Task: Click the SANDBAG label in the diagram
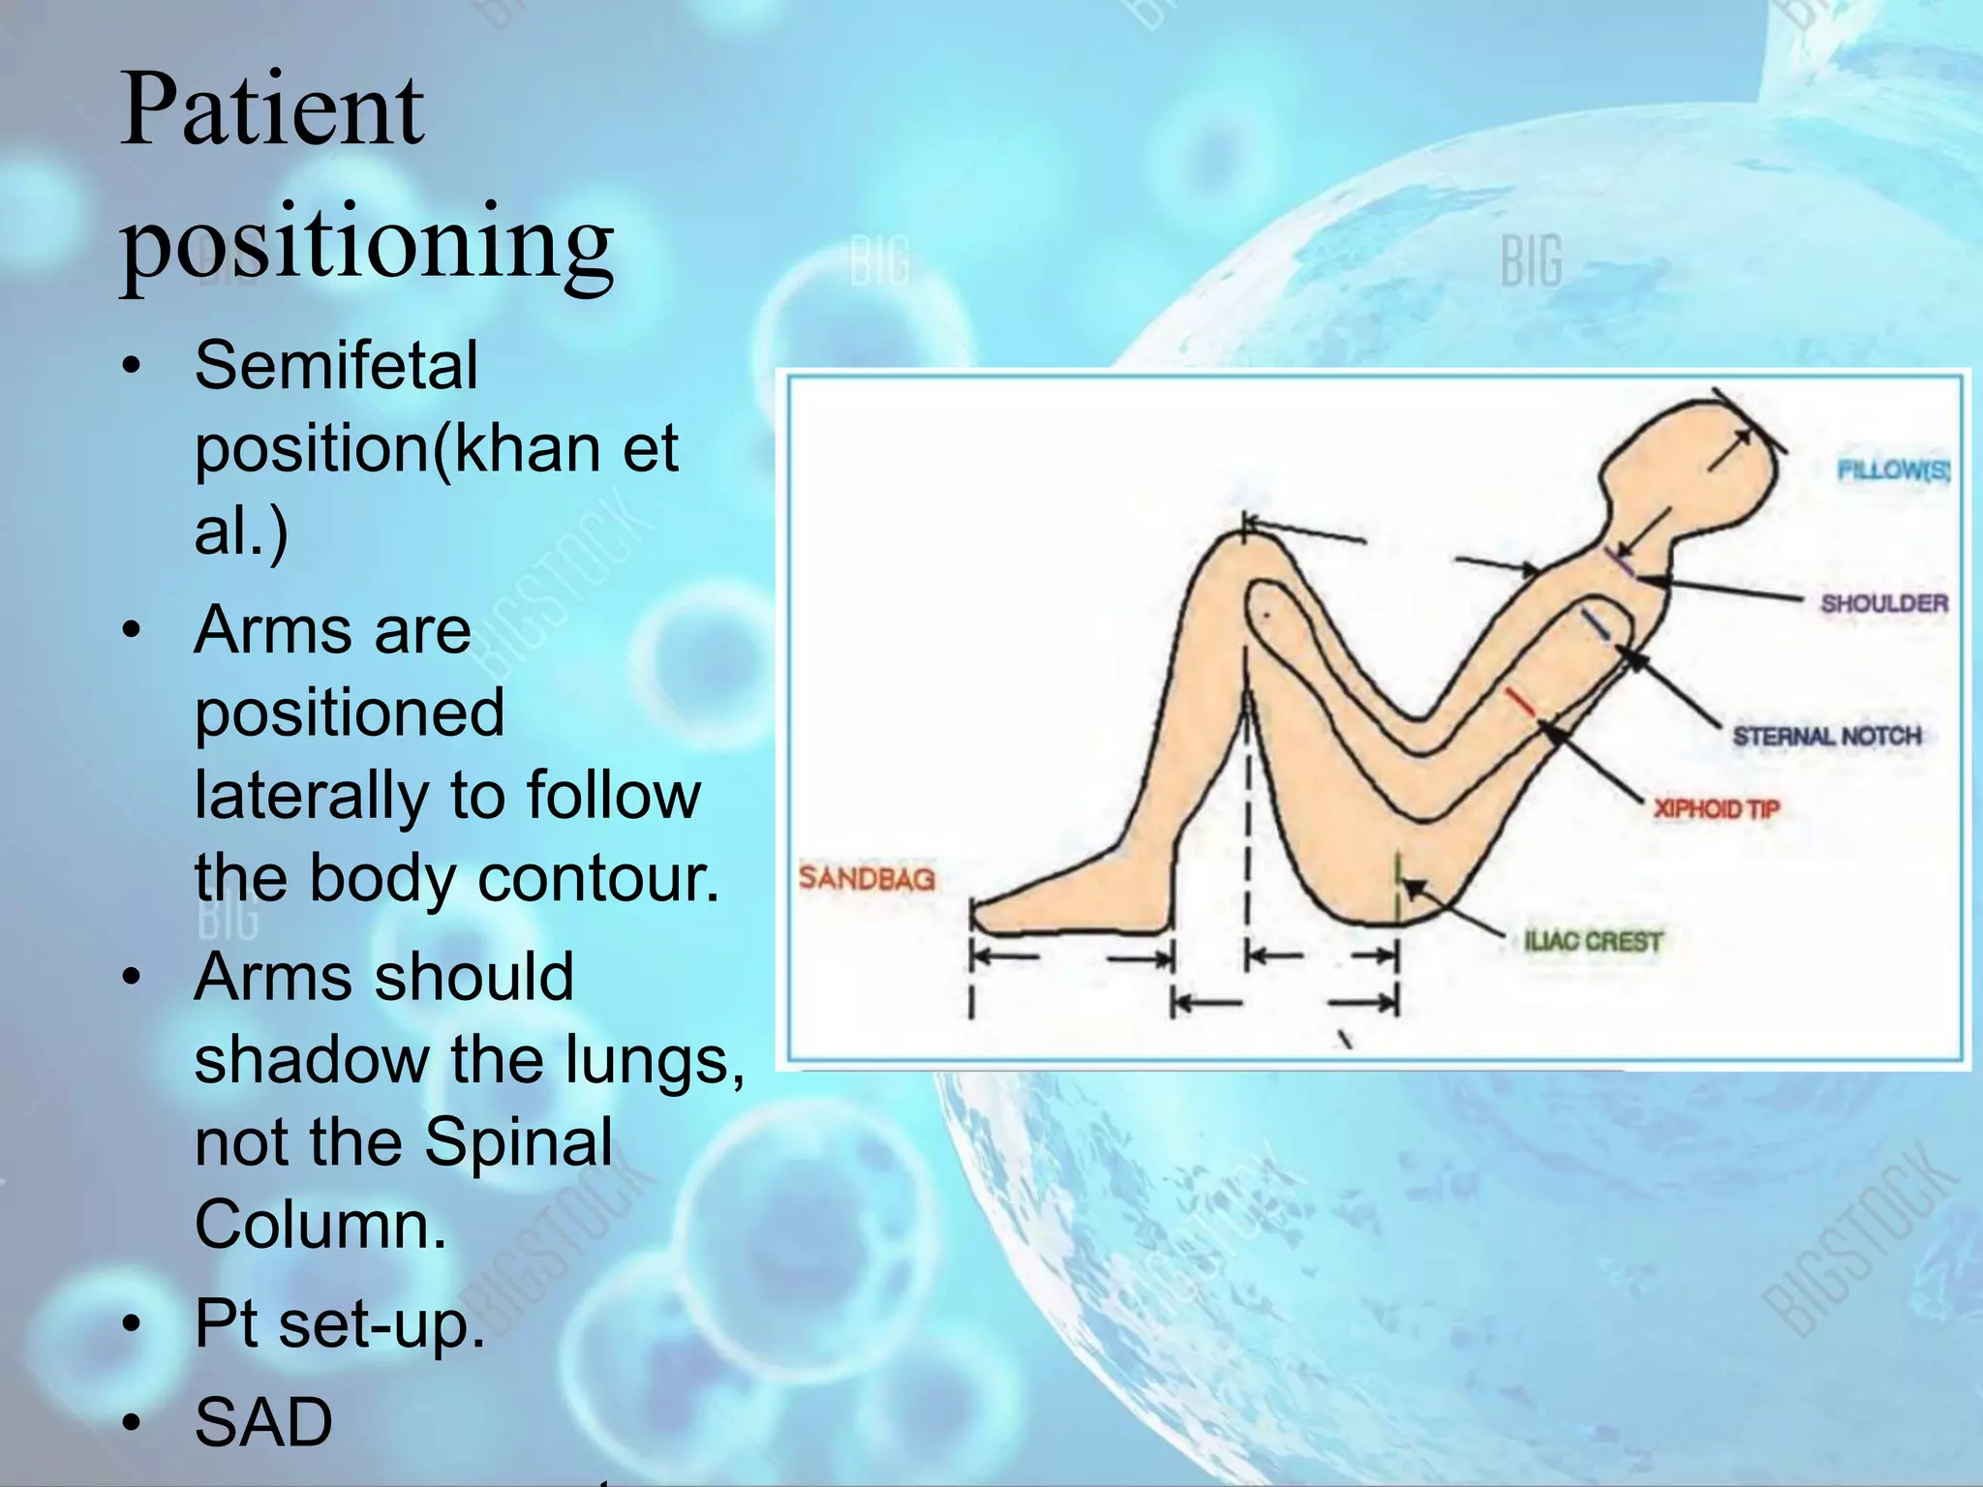[x=867, y=879]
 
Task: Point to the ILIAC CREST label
[x=1593, y=941]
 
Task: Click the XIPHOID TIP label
[x=1716, y=808]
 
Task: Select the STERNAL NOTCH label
[x=1826, y=737]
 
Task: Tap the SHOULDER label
[x=1883, y=604]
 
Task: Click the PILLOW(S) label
[x=1893, y=470]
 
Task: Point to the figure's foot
[x=1065, y=900]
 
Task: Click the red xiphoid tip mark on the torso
[x=1520, y=703]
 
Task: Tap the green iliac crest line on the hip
[x=1397, y=886]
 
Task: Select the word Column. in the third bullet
[x=320, y=1224]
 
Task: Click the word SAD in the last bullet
[x=263, y=1422]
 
